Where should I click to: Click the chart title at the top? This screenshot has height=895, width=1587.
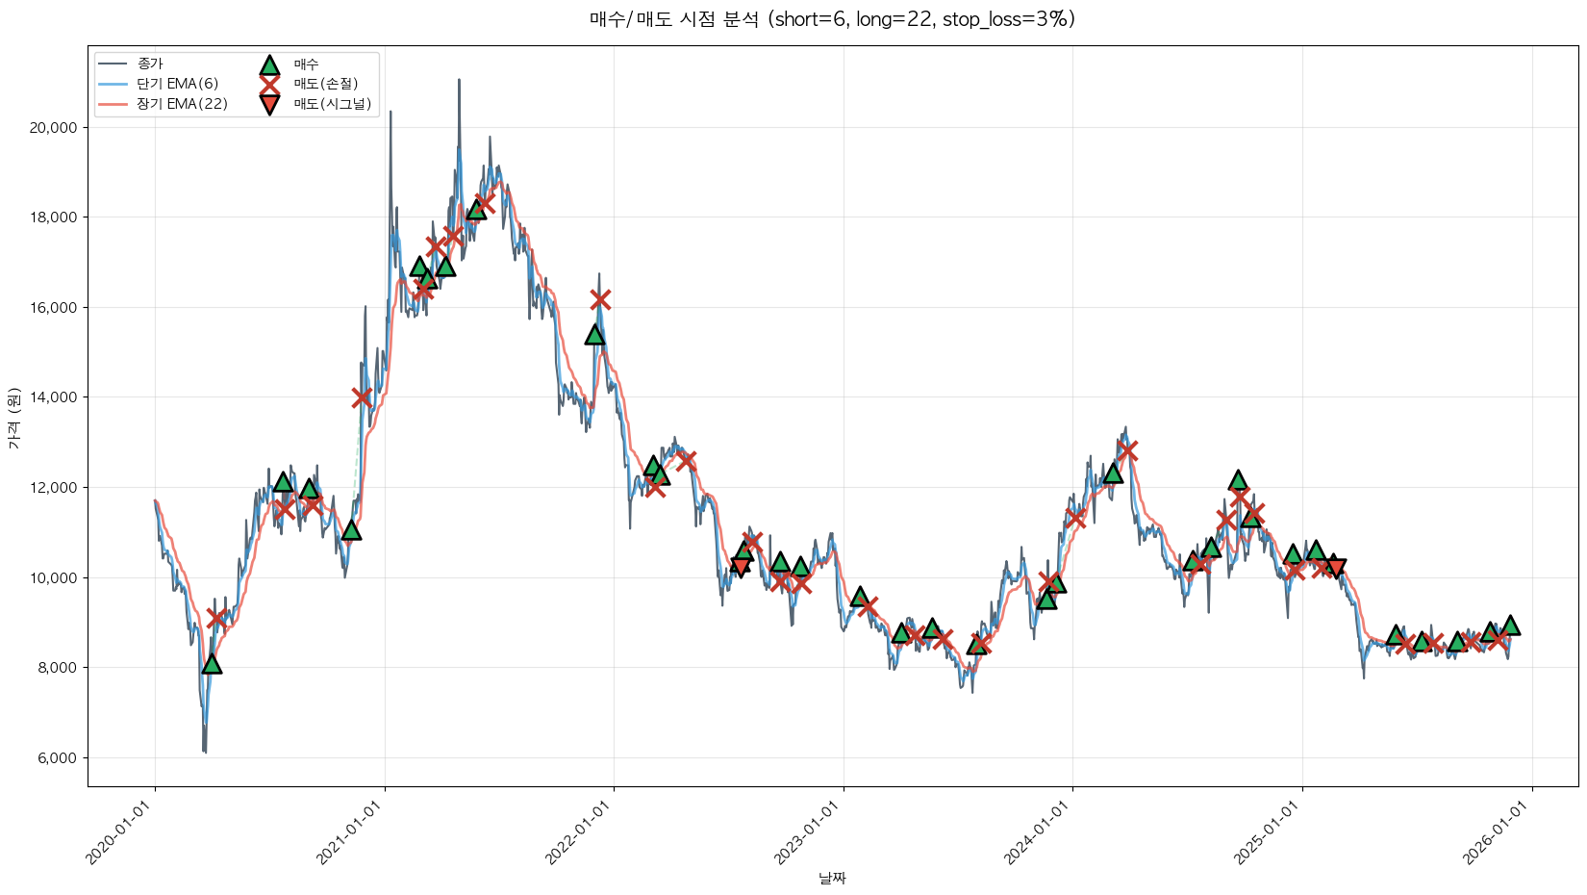click(832, 19)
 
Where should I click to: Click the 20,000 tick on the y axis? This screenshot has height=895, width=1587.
click(56, 128)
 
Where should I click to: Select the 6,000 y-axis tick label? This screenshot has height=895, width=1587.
click(59, 758)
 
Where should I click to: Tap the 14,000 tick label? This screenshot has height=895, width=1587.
click(56, 397)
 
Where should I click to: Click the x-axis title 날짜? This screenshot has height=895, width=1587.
click(832, 878)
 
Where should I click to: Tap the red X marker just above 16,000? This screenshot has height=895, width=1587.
click(600, 299)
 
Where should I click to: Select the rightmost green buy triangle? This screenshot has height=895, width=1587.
click(1510, 626)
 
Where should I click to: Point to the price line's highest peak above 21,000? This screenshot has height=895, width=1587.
click(459, 81)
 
